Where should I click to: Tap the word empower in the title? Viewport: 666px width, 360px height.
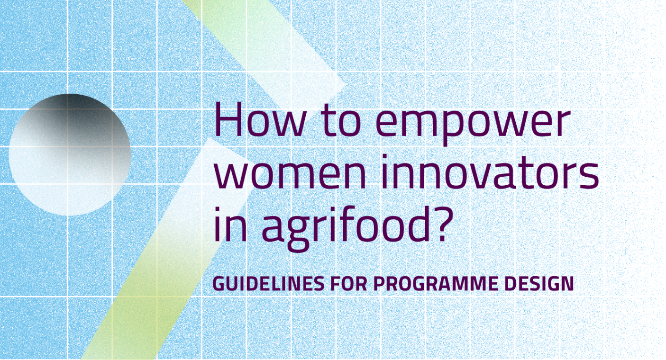473,125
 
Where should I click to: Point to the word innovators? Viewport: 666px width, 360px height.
490,171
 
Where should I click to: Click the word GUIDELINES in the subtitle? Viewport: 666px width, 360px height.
268,283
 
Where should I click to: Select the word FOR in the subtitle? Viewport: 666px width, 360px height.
349,283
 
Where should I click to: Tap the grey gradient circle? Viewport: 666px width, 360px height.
70,154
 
